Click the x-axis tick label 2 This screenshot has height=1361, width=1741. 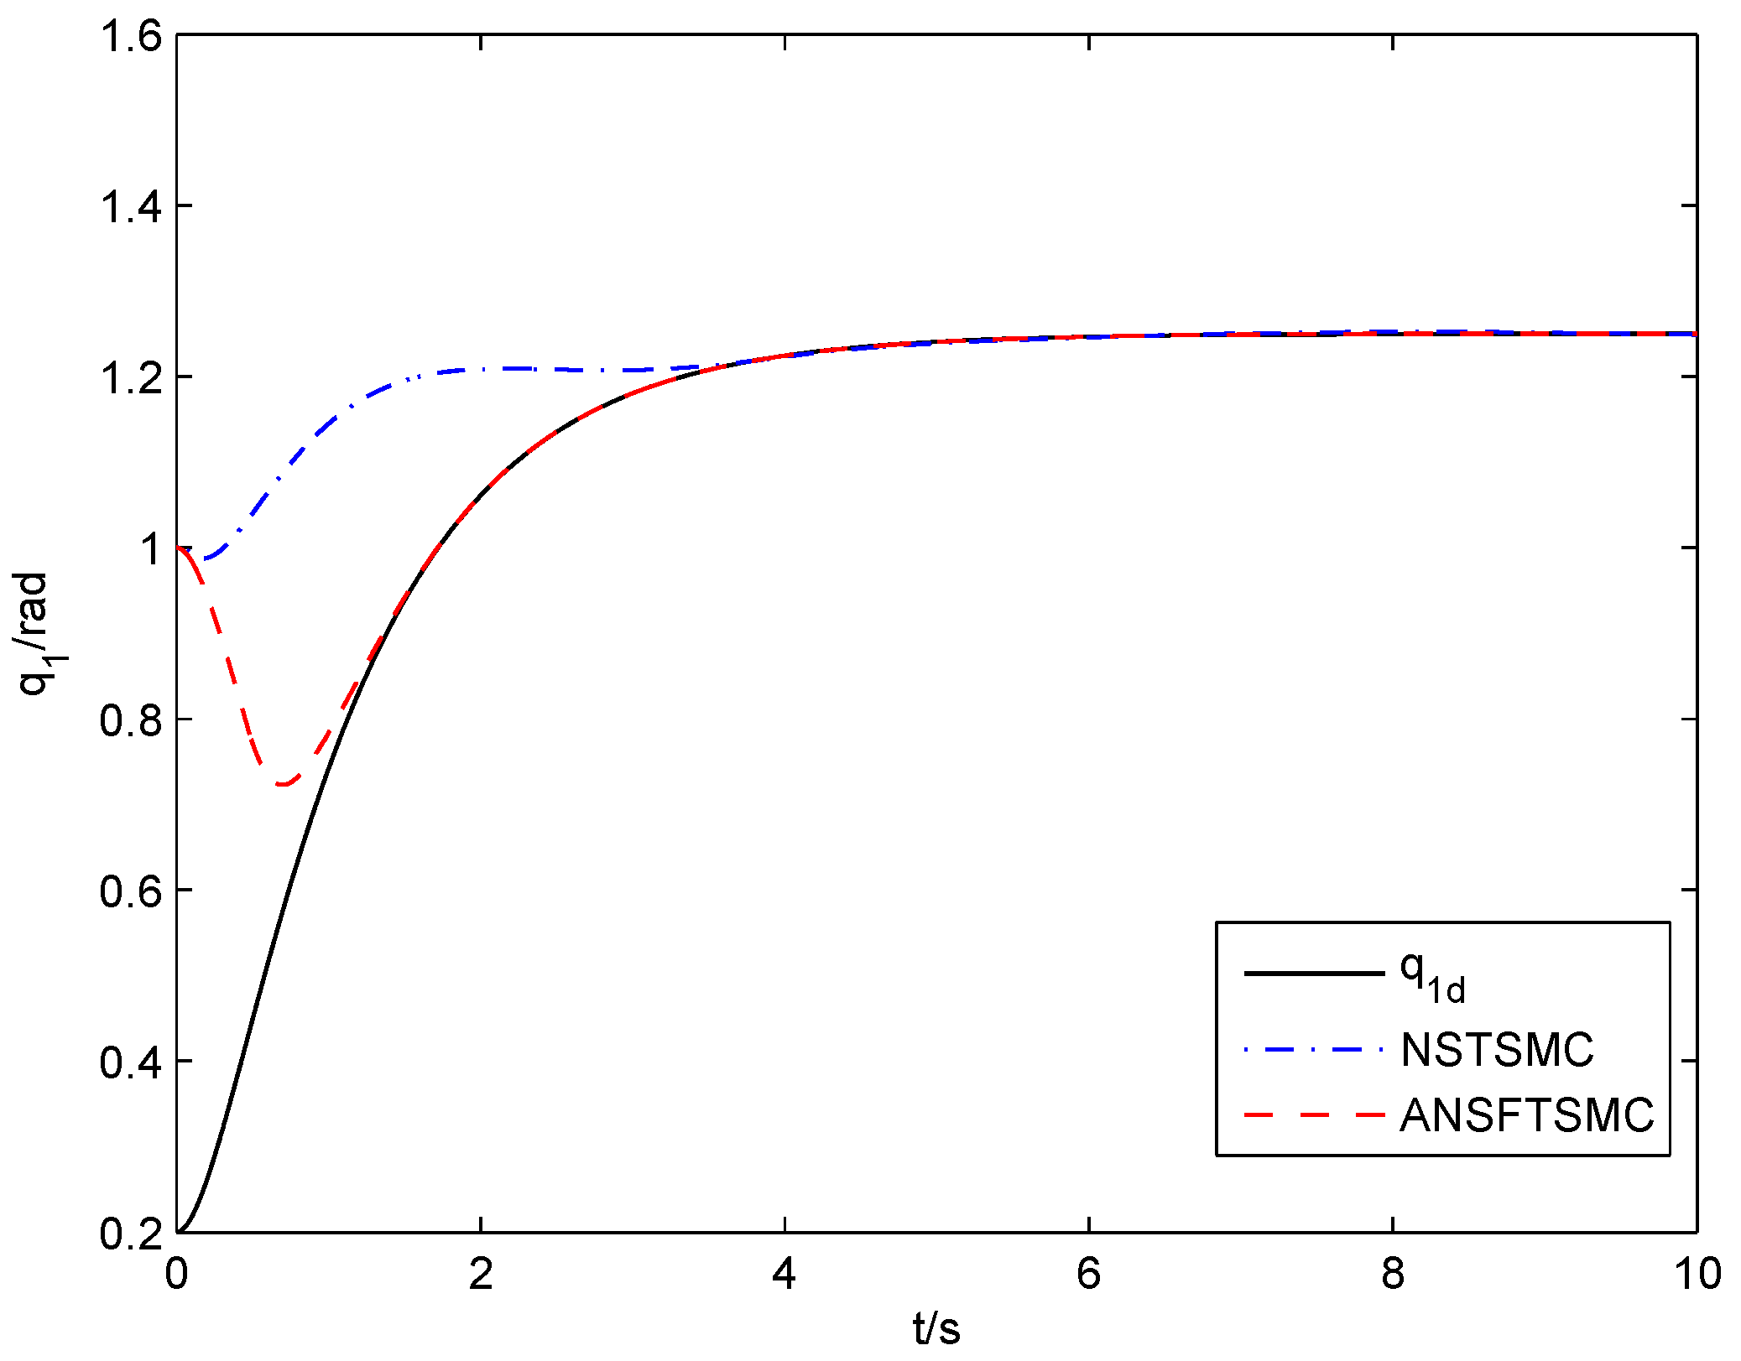(x=480, y=1273)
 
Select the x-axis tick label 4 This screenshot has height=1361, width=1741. (x=784, y=1273)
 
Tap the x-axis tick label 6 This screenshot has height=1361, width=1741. (x=1088, y=1273)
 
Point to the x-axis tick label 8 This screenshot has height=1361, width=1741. (x=1393, y=1273)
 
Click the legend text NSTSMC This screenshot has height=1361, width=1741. (x=1497, y=1049)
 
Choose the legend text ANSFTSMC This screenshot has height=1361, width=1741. (x=1526, y=1116)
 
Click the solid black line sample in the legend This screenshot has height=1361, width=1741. (x=1313, y=974)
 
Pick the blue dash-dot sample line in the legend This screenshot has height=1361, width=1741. (x=1313, y=1049)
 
